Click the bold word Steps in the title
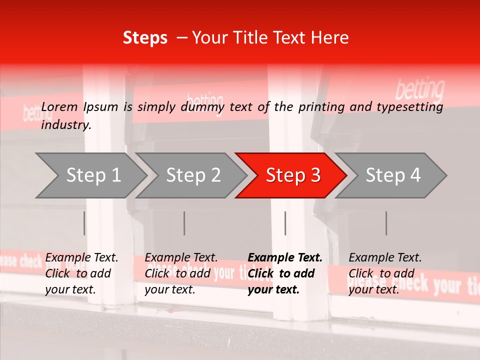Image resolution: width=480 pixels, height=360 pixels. click(x=145, y=38)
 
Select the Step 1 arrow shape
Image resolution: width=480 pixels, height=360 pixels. click(x=90, y=175)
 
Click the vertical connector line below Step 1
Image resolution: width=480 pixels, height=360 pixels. click(x=84, y=223)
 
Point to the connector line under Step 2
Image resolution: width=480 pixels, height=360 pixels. click(x=184, y=223)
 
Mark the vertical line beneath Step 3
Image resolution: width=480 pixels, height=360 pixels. click(x=285, y=223)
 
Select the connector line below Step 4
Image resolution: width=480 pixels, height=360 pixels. click(x=386, y=223)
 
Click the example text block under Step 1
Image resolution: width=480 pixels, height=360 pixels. click(x=81, y=273)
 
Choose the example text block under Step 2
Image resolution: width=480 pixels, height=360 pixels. click(x=181, y=273)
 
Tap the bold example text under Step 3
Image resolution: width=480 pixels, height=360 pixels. click(x=284, y=273)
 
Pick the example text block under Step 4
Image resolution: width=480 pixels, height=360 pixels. click(x=385, y=273)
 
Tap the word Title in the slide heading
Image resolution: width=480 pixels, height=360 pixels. click(x=263, y=38)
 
